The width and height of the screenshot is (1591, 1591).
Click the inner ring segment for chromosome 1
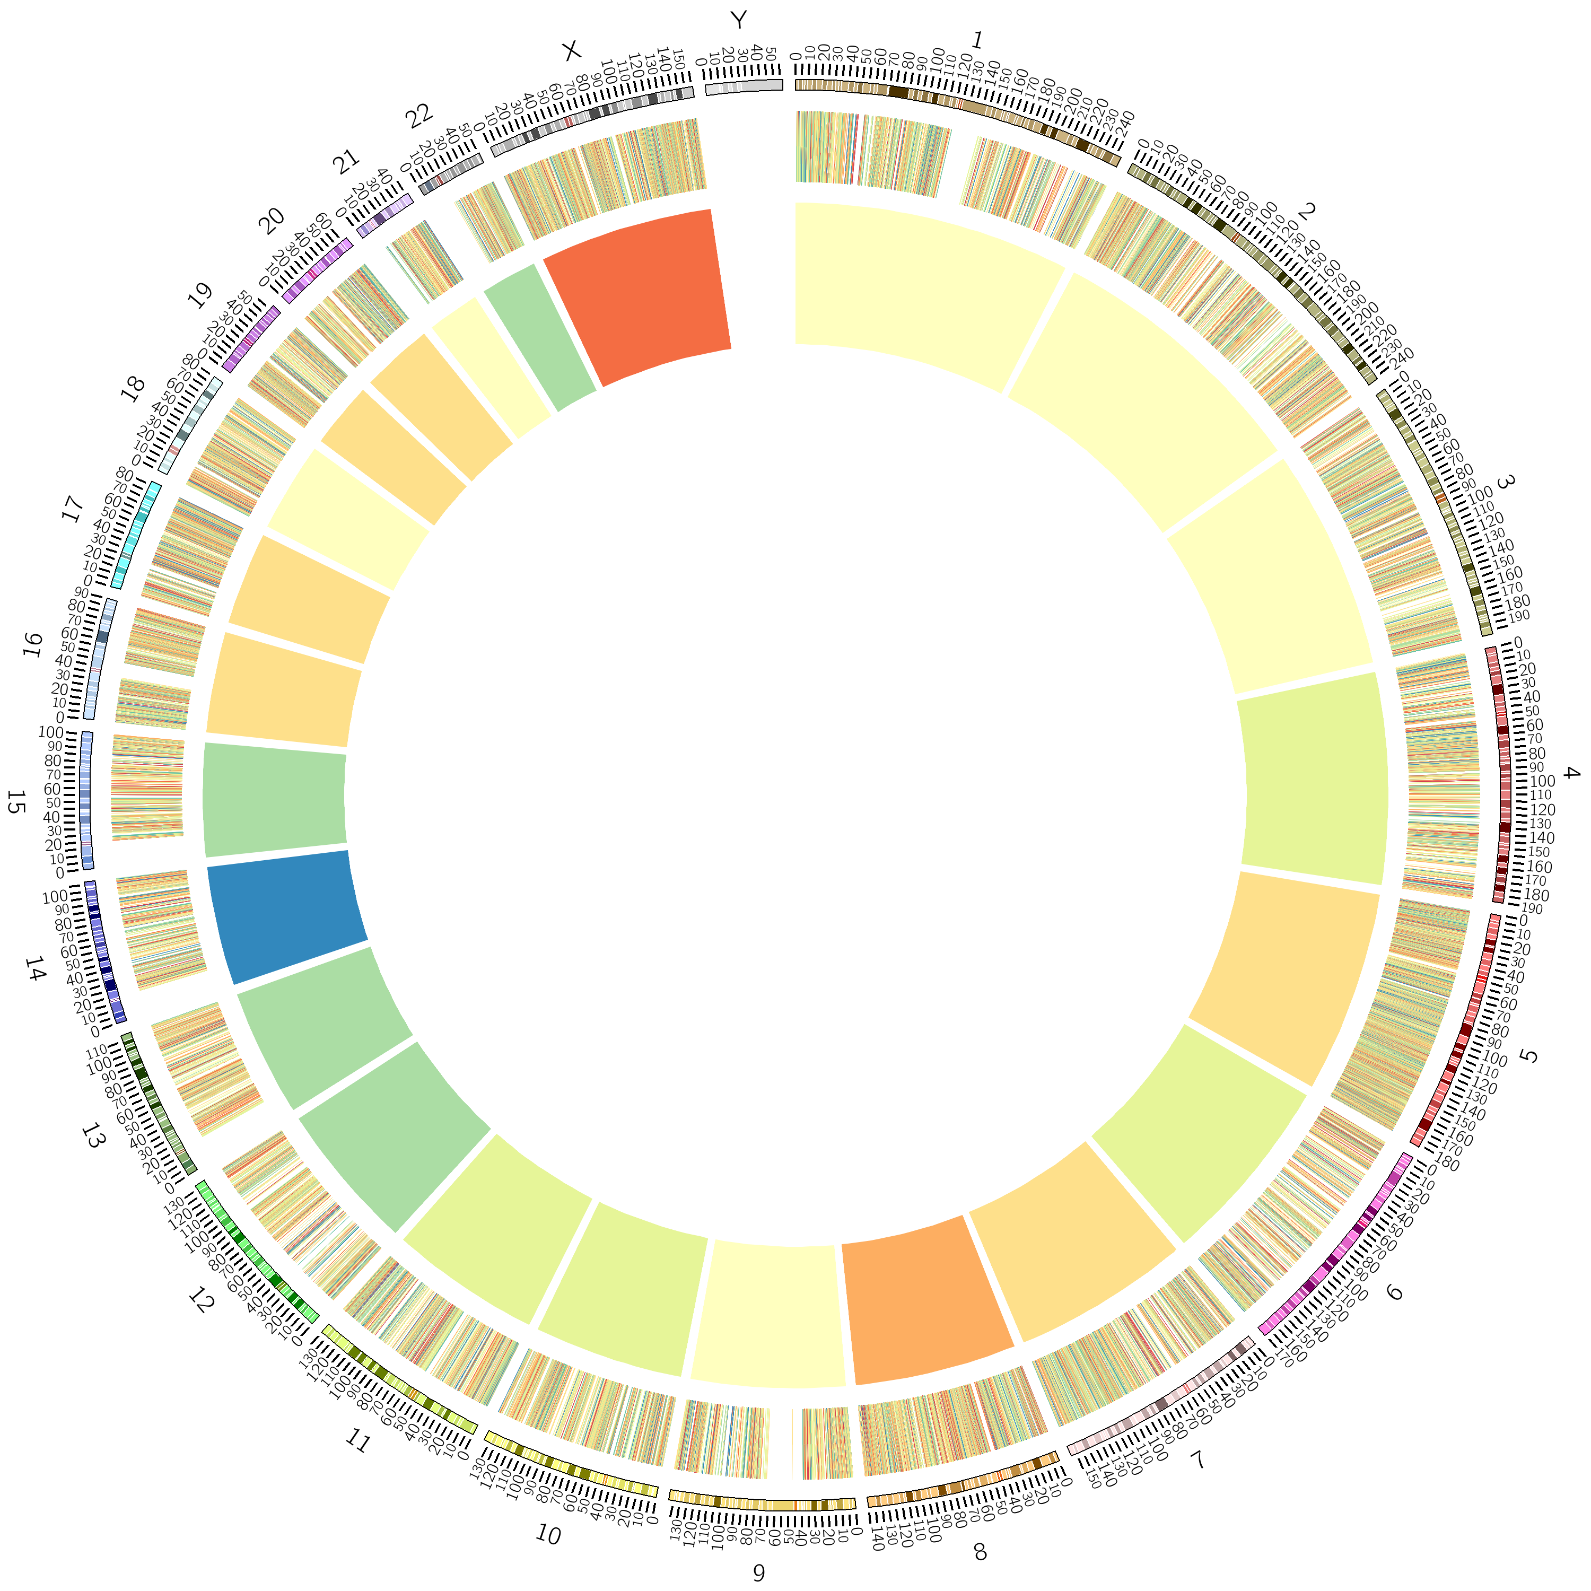[x=922, y=288]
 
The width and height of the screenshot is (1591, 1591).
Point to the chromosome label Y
[x=738, y=20]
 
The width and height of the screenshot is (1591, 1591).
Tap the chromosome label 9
[x=758, y=1572]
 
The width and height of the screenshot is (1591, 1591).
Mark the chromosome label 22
[x=419, y=116]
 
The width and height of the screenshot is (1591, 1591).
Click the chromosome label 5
[x=1529, y=1056]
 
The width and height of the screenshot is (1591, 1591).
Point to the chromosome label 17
[x=73, y=508]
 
